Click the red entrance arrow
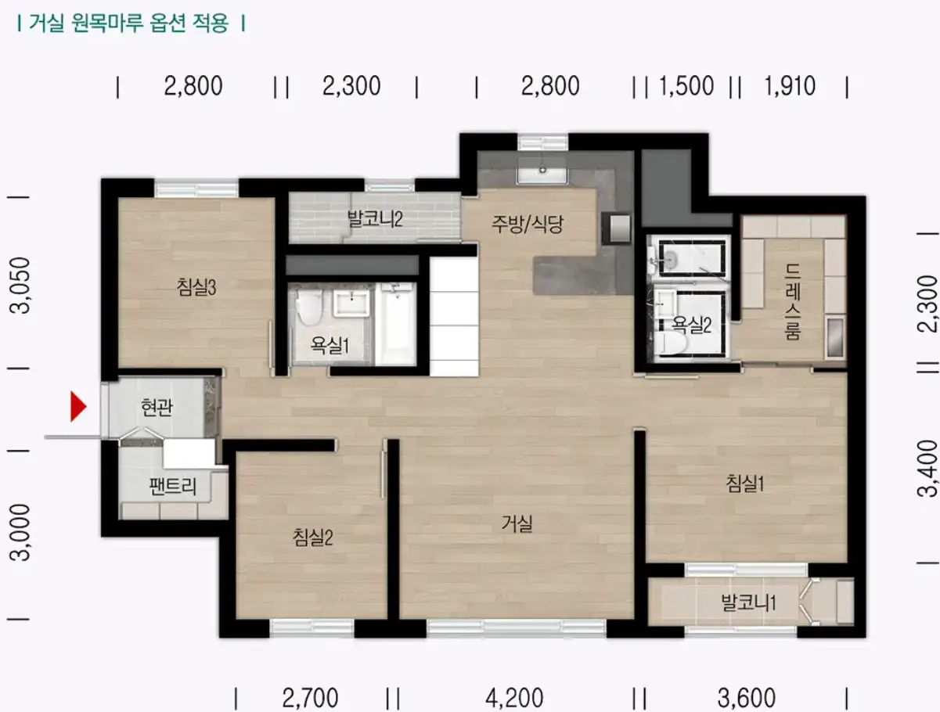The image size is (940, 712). [x=78, y=406]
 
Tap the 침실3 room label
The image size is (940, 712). [x=196, y=287]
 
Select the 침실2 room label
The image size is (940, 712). [x=312, y=537]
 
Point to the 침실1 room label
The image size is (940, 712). [x=744, y=484]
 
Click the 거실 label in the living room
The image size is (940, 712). [x=517, y=523]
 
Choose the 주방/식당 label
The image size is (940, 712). [x=528, y=224]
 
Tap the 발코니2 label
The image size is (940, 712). [x=375, y=219]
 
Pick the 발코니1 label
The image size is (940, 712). [x=748, y=602]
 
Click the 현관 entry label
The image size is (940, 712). [x=157, y=407]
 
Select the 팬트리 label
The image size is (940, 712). [x=173, y=486]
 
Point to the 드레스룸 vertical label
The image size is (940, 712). [x=793, y=301]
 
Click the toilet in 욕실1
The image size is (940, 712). [x=309, y=306]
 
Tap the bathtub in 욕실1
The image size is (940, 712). [x=397, y=323]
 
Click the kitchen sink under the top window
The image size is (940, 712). [x=542, y=171]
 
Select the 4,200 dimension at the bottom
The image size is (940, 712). [x=514, y=698]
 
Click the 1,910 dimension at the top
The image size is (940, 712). [x=790, y=86]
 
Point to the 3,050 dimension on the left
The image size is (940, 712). [x=20, y=285]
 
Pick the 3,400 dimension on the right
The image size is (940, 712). [x=927, y=468]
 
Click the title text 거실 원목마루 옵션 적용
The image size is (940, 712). [x=129, y=23]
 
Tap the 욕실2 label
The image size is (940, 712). [x=691, y=325]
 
